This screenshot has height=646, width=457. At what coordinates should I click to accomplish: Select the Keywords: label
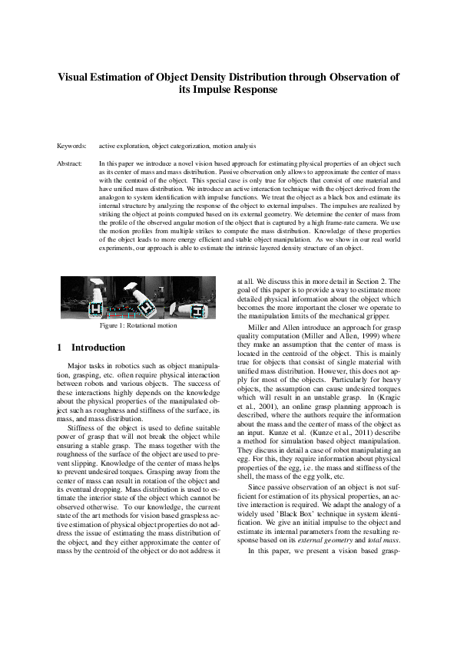pos(71,145)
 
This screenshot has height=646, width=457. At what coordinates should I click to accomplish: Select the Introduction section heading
pos(98,348)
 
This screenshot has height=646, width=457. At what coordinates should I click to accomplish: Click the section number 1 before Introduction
pos(60,348)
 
